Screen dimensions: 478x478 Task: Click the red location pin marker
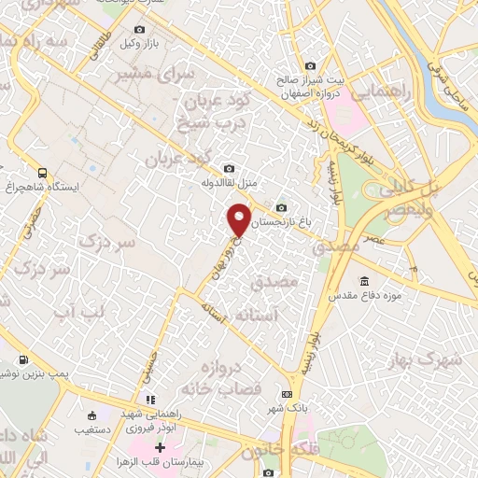tap(240, 220)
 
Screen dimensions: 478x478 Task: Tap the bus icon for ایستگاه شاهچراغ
tap(42, 173)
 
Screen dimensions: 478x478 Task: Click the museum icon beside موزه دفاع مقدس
tap(363, 280)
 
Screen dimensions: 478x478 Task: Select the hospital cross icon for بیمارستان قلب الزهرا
tap(161, 447)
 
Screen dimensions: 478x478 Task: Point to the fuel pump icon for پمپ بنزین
tap(22, 358)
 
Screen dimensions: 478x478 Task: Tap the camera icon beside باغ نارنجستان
tap(281, 207)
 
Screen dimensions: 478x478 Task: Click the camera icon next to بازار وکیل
tap(140, 30)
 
